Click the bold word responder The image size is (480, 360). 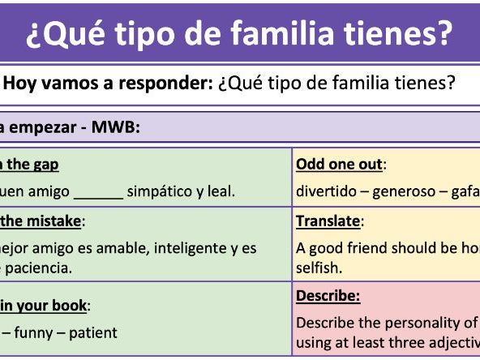[x=165, y=84]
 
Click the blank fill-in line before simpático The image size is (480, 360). [x=98, y=193]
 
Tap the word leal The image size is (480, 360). [x=221, y=191]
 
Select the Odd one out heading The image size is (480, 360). [x=340, y=165]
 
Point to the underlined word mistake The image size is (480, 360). [x=54, y=221]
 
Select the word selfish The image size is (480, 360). [x=319, y=267]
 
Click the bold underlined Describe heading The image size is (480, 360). [x=328, y=296]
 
